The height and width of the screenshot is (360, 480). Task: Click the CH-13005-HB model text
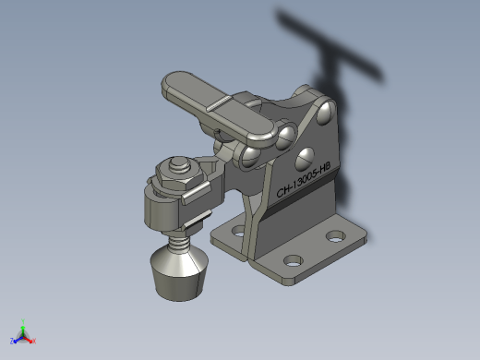(303, 180)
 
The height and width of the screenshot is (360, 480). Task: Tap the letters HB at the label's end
(325, 168)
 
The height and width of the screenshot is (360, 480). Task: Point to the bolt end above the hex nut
(178, 164)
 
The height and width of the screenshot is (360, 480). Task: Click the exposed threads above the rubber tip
(179, 239)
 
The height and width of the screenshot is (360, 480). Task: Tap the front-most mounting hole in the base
(293, 261)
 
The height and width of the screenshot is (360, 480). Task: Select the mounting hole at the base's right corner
(336, 236)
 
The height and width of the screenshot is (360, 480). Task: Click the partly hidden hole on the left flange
(238, 231)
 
